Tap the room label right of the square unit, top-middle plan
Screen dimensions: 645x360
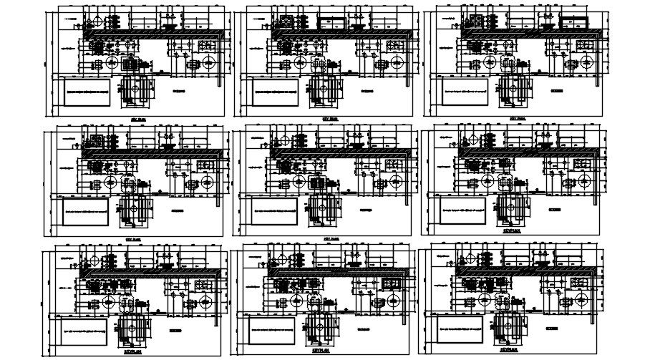[x=367, y=92]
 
